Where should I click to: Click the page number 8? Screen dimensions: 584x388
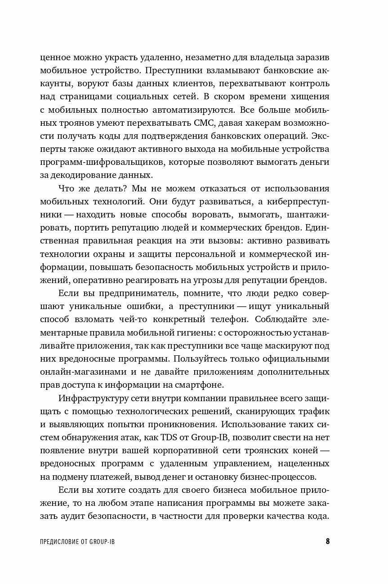click(328, 541)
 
